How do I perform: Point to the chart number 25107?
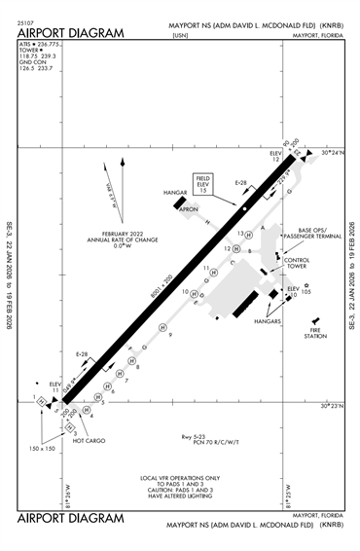point(25,19)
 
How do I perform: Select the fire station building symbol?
point(313,321)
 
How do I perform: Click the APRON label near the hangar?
point(188,207)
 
